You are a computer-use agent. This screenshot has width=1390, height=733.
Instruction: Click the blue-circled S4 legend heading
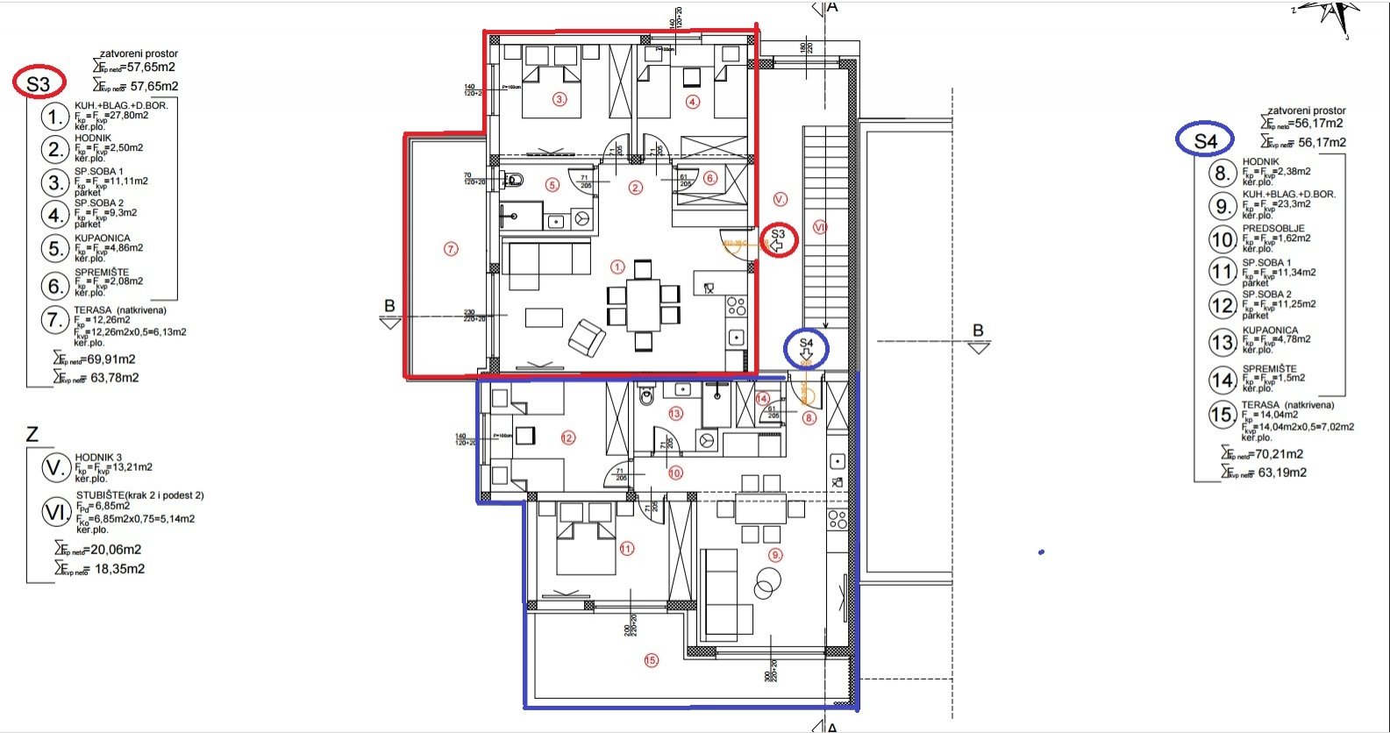click(1205, 139)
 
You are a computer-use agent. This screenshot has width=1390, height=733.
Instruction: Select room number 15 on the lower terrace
click(650, 660)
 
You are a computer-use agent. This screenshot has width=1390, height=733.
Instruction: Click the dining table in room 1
click(644, 303)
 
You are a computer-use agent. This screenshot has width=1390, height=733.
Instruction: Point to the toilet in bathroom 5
click(516, 181)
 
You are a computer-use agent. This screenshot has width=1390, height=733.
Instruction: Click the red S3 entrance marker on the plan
click(778, 239)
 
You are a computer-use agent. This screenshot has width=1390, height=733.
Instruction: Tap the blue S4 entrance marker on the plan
click(806, 350)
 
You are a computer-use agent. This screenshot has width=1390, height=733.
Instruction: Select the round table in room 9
click(767, 581)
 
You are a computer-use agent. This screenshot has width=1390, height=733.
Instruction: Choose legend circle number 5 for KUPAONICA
click(57, 248)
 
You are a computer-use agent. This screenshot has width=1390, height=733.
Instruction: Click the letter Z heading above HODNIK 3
click(32, 434)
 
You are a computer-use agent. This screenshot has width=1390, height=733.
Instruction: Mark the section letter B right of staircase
click(978, 331)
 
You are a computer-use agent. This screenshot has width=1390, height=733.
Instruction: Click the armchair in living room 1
click(586, 338)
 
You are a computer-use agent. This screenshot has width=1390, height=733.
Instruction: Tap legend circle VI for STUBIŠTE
click(57, 512)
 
